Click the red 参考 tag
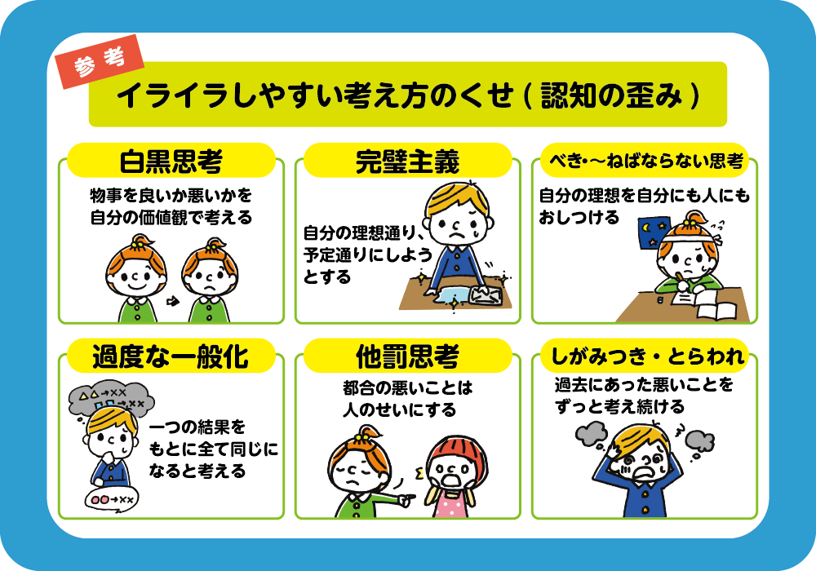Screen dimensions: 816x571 (100, 62)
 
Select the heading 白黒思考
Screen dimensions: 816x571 (171, 162)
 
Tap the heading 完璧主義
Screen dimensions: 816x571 (407, 162)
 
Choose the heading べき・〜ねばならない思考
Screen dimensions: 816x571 (645, 161)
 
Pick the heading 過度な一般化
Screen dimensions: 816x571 (171, 356)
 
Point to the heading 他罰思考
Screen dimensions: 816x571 (407, 356)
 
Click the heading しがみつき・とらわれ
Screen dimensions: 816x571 (647, 356)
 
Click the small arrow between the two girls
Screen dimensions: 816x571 (173, 302)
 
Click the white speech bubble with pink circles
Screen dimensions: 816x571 (111, 500)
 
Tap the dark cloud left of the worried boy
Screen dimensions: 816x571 (592, 434)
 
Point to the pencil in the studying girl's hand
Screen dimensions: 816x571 (681, 281)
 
